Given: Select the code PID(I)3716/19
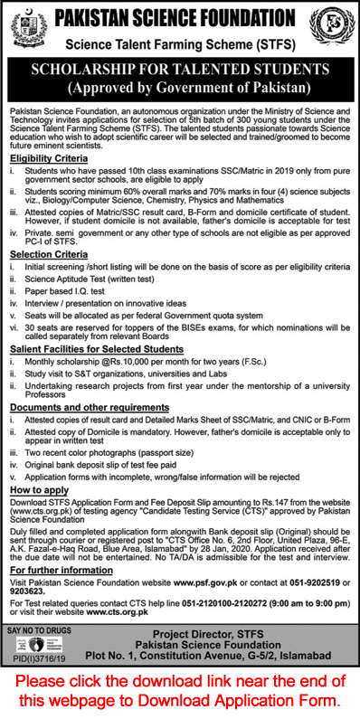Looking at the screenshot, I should [40, 685].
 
